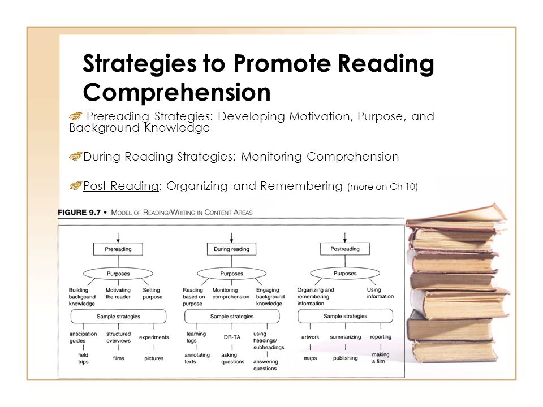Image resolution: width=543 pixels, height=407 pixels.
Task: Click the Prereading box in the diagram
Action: (x=118, y=249)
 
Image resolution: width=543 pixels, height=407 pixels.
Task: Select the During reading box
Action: (x=231, y=249)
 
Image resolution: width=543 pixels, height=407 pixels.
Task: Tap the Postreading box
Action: (x=345, y=249)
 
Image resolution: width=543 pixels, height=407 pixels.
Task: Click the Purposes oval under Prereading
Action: (x=118, y=274)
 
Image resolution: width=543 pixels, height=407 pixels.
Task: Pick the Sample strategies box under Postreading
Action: (x=345, y=316)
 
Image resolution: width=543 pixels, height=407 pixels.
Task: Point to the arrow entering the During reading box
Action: (x=231, y=238)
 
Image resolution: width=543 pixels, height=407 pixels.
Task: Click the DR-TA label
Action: (x=232, y=337)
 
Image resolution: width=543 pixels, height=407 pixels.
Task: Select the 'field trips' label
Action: (x=83, y=358)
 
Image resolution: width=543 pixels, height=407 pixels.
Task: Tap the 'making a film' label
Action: (x=380, y=357)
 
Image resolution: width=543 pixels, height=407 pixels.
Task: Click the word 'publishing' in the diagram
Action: (x=345, y=358)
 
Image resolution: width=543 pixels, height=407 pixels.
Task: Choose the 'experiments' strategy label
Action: (x=154, y=337)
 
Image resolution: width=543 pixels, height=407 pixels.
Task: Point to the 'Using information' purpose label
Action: (x=380, y=293)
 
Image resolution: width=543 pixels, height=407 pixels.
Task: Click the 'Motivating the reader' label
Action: (x=118, y=293)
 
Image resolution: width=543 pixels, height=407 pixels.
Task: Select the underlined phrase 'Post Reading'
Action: (x=121, y=186)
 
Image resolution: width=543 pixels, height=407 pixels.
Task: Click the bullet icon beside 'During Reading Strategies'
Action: (x=75, y=157)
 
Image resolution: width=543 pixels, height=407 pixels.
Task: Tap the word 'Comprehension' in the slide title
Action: (x=176, y=92)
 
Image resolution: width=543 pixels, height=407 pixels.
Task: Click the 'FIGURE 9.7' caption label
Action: (x=79, y=212)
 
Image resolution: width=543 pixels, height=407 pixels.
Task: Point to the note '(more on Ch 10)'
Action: (x=383, y=187)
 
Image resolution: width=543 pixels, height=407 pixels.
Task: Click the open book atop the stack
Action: (x=457, y=217)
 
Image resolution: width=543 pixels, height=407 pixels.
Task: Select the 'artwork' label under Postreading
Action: (x=311, y=337)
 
